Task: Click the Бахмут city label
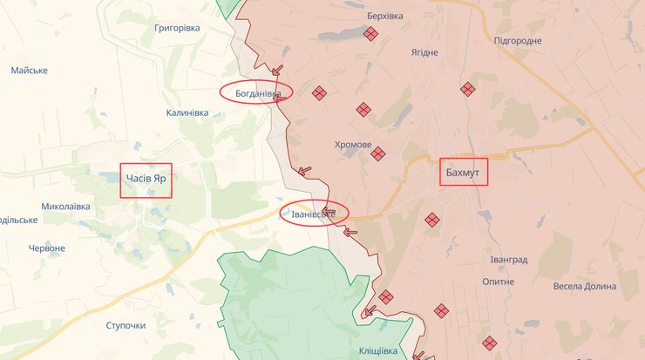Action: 464,172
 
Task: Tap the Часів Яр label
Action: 146,179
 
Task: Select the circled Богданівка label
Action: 256,91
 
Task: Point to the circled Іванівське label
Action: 313,212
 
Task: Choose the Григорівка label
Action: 177,28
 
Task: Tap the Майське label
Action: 30,70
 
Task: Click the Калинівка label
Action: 187,112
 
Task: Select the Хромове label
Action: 353,145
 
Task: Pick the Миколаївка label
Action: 65,207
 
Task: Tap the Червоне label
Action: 47,248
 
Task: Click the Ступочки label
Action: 126,325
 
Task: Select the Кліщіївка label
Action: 377,350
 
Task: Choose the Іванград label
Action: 509,260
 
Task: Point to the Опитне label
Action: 498,282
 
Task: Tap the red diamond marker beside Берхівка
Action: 371,34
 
